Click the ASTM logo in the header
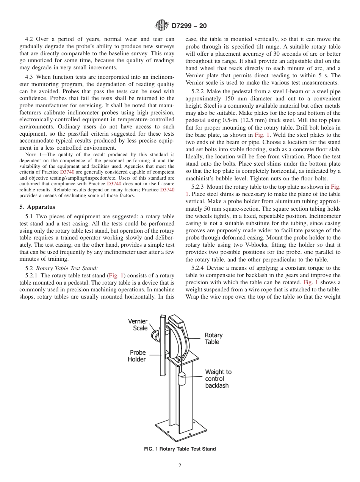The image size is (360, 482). [x=162, y=26]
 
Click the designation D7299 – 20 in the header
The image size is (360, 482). [x=189, y=26]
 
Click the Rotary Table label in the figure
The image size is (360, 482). [x=214, y=338]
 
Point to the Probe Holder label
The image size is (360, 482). [x=138, y=356]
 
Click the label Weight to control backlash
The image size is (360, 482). [x=218, y=379]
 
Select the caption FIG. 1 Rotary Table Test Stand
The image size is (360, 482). [x=180, y=449]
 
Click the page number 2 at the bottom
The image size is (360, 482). [x=180, y=466]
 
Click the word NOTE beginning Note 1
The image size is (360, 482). [x=30, y=155]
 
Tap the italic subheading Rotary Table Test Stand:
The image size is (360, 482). [x=67, y=268]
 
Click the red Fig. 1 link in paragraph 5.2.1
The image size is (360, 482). [x=116, y=275]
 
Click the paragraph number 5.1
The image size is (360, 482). [x=30, y=217]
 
